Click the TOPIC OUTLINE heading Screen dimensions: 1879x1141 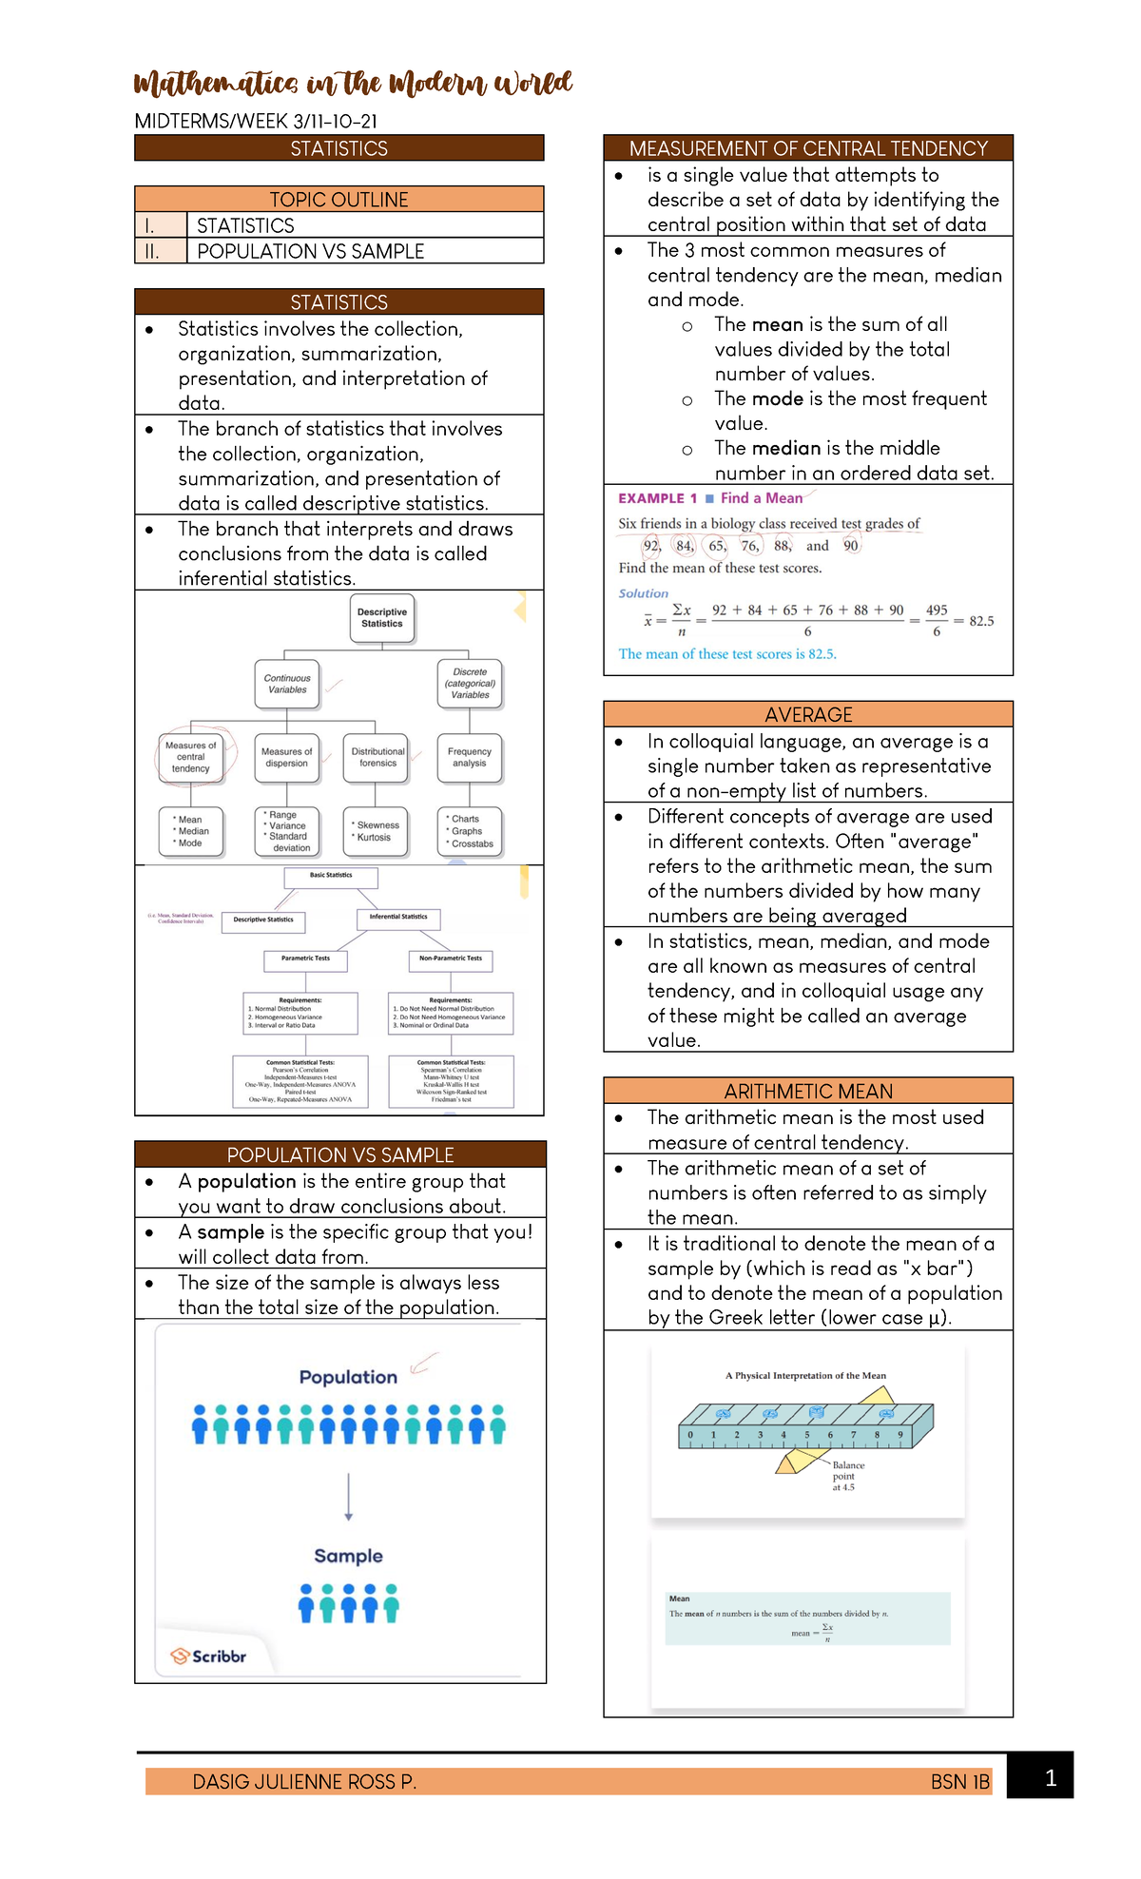point(338,200)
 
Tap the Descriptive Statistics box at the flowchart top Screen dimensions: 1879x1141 point(382,618)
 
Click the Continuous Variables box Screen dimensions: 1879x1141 point(287,685)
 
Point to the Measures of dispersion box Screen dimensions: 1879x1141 point(286,758)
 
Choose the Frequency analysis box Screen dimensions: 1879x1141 point(469,758)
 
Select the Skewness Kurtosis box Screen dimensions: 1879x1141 point(377,831)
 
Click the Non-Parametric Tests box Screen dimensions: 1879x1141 point(451,959)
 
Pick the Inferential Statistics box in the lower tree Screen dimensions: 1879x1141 point(398,918)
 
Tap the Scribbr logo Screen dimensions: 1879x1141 point(208,1656)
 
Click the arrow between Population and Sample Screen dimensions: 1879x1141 point(349,1497)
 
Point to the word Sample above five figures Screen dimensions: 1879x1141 point(348,1557)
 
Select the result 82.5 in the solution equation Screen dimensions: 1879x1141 point(981,621)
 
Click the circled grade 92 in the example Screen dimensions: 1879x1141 point(651,546)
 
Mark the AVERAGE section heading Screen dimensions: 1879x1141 point(808,715)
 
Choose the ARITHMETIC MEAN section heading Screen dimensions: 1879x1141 point(808,1092)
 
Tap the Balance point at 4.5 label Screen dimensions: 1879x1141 point(847,1476)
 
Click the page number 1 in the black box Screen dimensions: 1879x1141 point(1050,1778)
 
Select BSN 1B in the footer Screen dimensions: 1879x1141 point(959,1782)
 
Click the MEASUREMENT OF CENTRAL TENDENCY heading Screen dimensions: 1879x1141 point(808,148)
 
